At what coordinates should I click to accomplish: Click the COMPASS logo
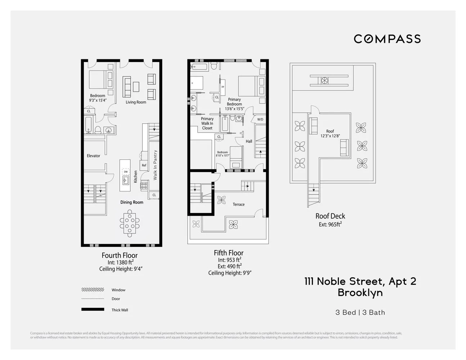387,39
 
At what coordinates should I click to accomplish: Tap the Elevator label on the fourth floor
93,156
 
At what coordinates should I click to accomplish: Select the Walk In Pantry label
155,165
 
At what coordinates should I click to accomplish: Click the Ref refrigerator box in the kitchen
144,165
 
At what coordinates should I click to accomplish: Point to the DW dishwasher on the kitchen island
126,172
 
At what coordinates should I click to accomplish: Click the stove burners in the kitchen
144,186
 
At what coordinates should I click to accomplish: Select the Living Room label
136,102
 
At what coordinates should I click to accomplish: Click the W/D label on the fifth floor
260,119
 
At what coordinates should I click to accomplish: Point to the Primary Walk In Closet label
207,123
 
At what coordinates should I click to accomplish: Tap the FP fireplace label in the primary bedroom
223,87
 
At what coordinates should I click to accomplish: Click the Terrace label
238,204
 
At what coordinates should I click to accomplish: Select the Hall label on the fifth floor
249,141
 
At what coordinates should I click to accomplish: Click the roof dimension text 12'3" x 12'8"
330,136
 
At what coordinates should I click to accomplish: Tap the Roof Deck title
330,216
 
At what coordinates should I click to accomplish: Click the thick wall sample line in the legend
93,309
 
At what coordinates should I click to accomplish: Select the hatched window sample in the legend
93,289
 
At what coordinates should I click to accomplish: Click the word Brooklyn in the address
360,293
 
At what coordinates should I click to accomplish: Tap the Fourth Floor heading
120,255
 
